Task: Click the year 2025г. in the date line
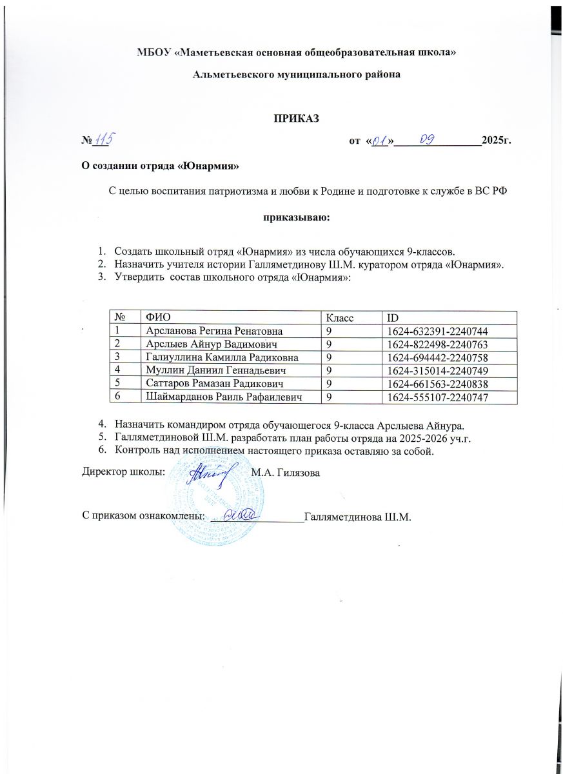497,141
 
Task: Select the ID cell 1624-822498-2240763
442,342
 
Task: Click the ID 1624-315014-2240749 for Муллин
442,370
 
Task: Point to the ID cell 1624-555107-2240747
442,398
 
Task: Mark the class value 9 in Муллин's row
329,370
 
